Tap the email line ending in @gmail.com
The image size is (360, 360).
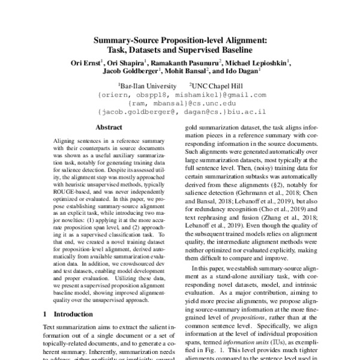point(181,95)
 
